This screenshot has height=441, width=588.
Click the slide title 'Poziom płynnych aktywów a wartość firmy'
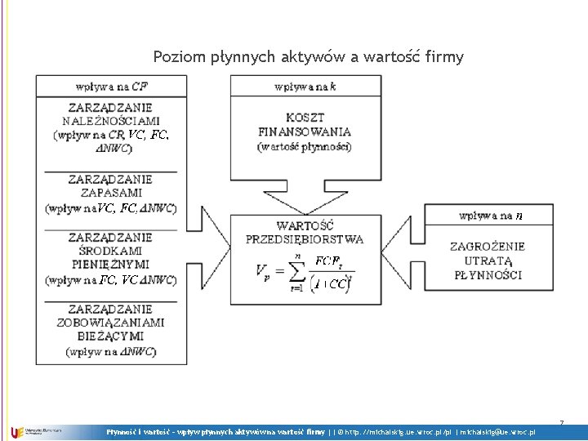308,57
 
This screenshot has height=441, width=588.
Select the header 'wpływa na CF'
111,85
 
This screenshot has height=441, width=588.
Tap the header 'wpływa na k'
305,85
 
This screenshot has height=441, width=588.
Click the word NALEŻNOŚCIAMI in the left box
110,120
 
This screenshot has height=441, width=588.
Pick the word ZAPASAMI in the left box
110,194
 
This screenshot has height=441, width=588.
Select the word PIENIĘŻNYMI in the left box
110,265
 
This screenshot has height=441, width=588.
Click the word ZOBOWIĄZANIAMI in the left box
110,323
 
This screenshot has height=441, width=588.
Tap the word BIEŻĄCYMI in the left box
110,336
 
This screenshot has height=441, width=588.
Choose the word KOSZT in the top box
305,117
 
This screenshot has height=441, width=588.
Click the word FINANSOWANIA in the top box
305,131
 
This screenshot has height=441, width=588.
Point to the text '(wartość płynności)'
305,146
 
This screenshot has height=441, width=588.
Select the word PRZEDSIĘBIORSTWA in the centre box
305,239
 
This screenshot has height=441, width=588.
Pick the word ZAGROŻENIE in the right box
488,246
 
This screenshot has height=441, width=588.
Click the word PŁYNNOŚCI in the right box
488,274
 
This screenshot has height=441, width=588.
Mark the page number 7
562,422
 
